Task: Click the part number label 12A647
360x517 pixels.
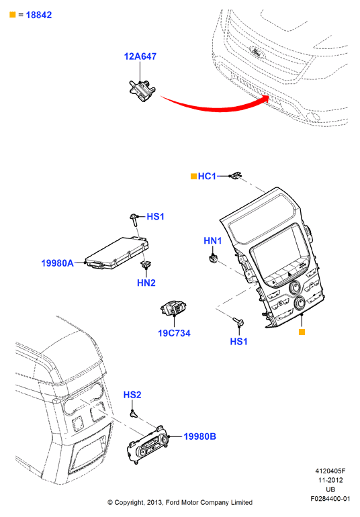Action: tap(140, 56)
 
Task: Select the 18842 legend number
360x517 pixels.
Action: tap(38, 15)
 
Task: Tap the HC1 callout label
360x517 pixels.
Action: tap(207, 177)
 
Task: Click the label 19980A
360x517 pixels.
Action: tap(57, 263)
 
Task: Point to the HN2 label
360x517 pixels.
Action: tap(146, 283)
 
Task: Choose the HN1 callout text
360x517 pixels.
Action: tap(212, 240)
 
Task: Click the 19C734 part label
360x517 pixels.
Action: tap(174, 333)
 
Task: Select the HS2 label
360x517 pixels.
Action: tap(132, 395)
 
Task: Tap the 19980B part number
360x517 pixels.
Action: tap(199, 436)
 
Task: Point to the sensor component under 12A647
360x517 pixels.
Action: tap(142, 91)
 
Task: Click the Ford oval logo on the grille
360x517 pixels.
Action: tap(255, 52)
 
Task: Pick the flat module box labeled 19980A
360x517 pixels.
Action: tap(117, 253)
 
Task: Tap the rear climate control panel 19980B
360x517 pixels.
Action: tap(148, 445)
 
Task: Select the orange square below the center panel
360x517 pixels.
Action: tap(302, 332)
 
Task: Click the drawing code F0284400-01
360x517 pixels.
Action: tap(330, 498)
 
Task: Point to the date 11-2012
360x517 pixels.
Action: tap(330, 480)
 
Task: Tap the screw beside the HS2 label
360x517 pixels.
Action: tap(133, 414)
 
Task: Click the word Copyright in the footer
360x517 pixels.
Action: tap(129, 502)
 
